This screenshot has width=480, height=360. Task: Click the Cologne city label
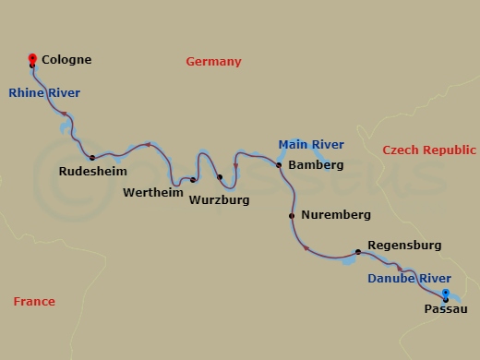66,59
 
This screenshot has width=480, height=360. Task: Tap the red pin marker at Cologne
32,57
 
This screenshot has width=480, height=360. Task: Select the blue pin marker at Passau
446,294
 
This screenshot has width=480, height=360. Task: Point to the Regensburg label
404,246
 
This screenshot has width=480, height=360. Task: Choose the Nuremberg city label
336,215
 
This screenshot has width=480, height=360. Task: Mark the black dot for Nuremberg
293,216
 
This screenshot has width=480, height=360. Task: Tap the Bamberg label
316,165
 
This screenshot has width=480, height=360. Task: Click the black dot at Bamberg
278,165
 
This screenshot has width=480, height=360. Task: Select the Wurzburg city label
219,198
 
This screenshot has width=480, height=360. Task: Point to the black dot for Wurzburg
220,177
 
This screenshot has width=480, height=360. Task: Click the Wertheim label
152,192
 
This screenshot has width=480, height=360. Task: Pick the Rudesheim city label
92,172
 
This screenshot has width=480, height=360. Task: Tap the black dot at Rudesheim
92,157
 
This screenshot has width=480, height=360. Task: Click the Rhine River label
44,92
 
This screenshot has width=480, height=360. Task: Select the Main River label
311,144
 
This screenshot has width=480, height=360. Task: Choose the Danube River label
410,278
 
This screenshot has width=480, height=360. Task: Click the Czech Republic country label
429,150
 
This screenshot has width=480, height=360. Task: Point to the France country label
34,302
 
